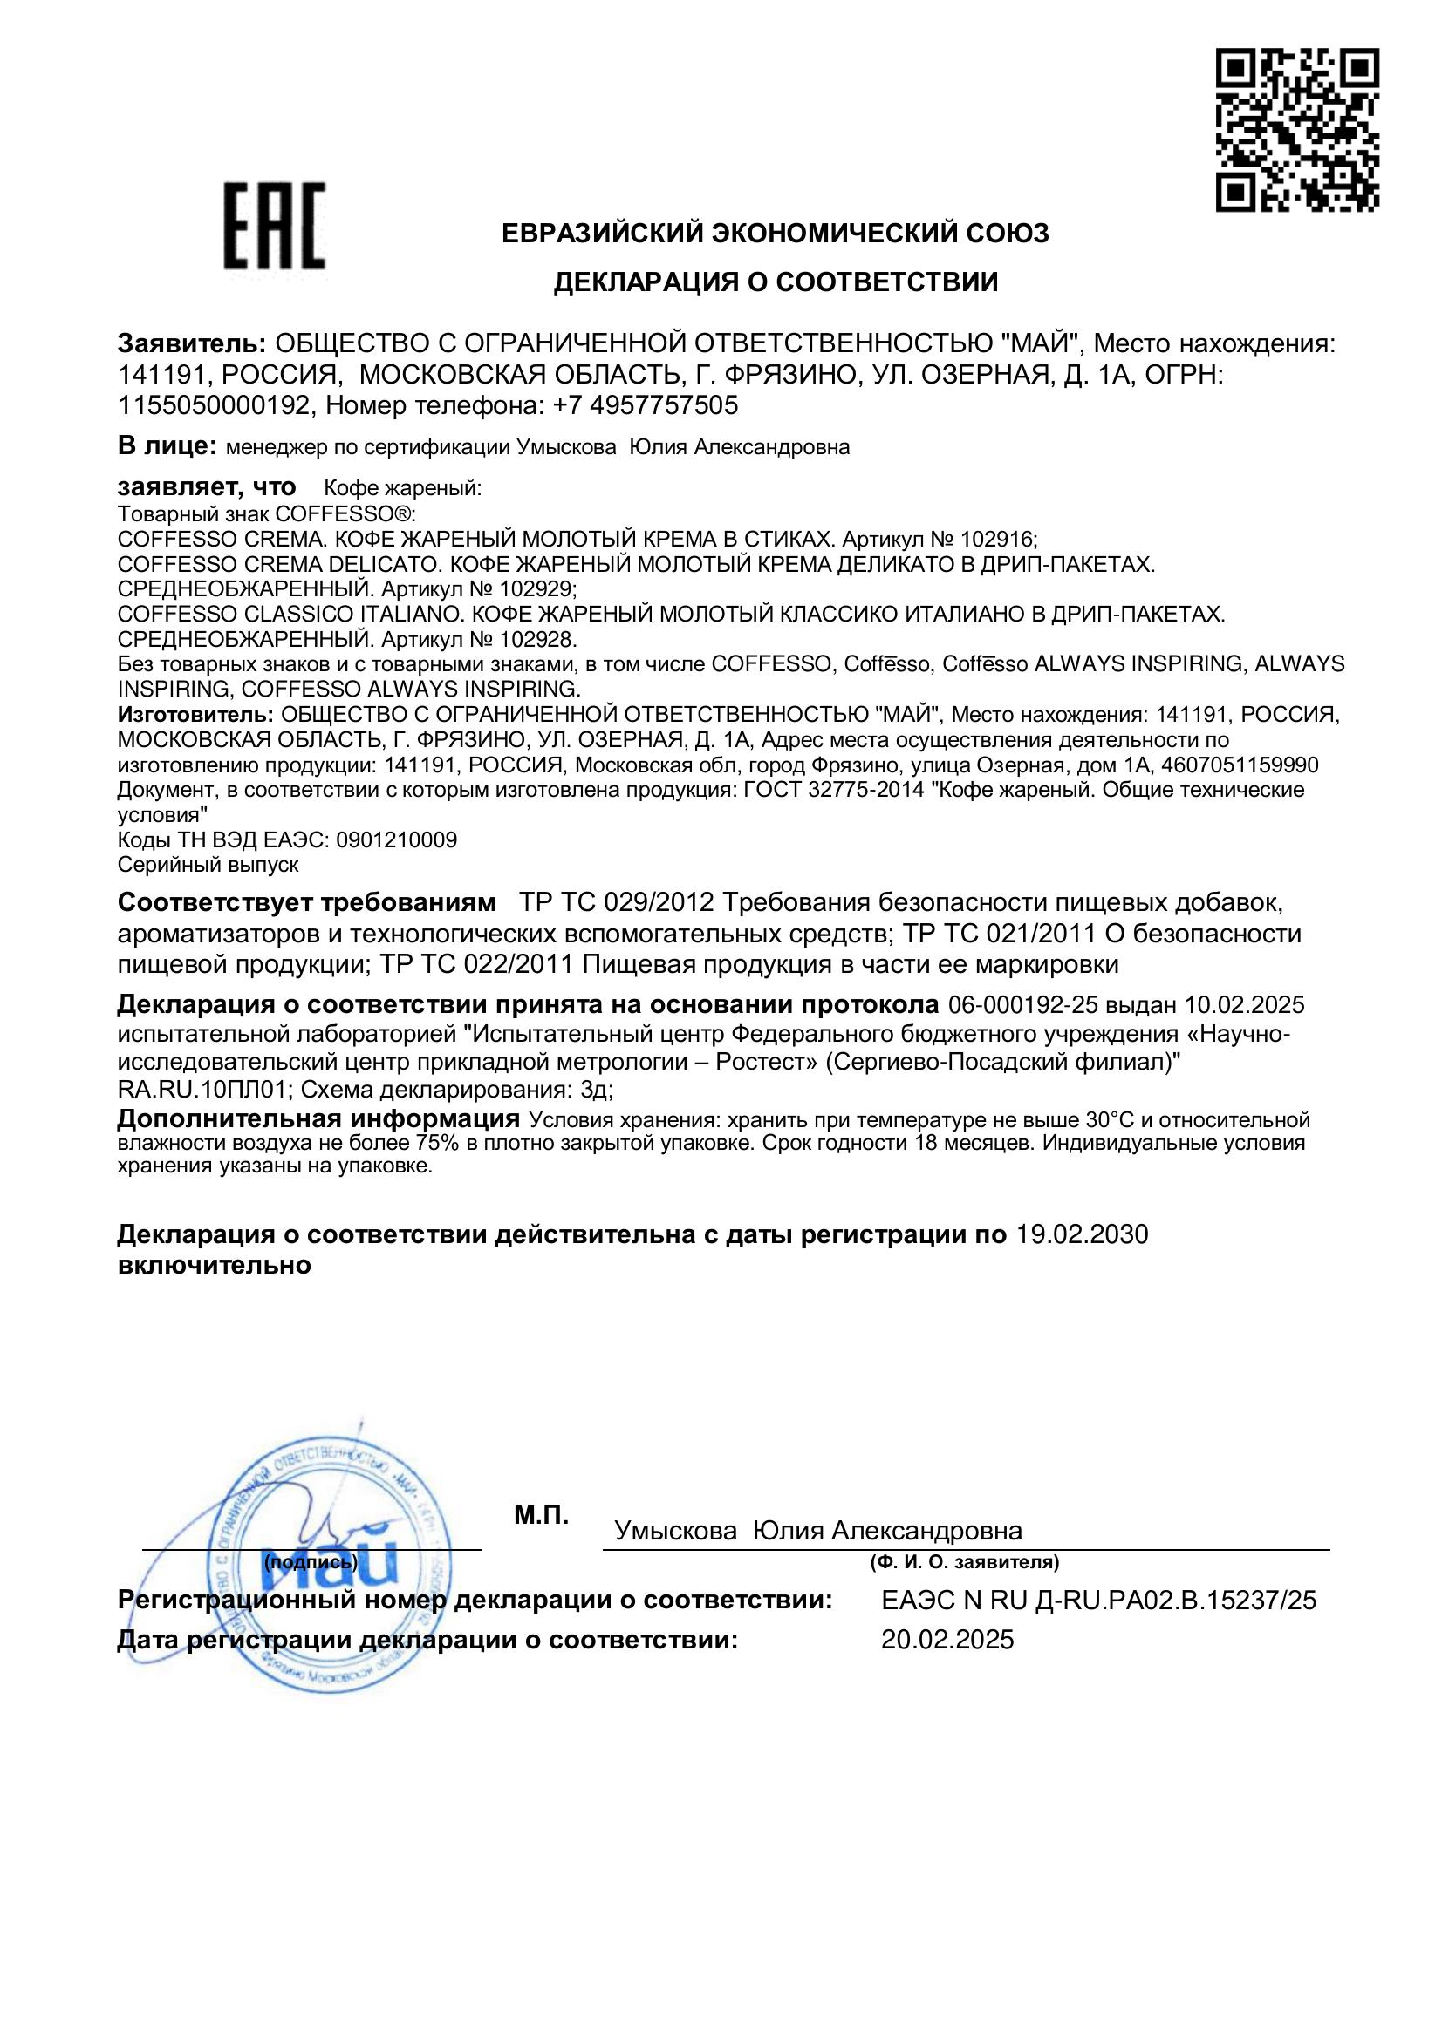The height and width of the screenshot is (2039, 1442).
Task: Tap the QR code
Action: (1296, 130)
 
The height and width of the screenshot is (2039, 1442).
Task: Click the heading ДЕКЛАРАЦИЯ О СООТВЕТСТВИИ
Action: (776, 282)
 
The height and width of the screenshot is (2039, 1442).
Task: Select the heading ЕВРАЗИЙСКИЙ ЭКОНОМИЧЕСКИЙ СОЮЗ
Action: (776, 234)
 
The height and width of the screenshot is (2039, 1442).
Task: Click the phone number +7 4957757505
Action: (645, 406)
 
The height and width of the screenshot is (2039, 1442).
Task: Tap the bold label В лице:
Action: (167, 445)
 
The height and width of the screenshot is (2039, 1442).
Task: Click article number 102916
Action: (994, 539)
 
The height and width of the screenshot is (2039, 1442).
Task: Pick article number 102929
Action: (535, 588)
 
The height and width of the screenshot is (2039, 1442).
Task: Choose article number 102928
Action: (535, 638)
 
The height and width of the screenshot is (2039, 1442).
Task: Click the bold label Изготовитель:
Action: (195, 714)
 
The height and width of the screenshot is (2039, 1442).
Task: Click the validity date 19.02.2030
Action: (1080, 1234)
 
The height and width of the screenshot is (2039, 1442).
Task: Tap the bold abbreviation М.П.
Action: (541, 1515)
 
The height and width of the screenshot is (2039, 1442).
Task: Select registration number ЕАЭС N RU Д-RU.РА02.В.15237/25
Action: (1098, 1601)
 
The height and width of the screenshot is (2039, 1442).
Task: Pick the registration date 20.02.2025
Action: (947, 1640)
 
